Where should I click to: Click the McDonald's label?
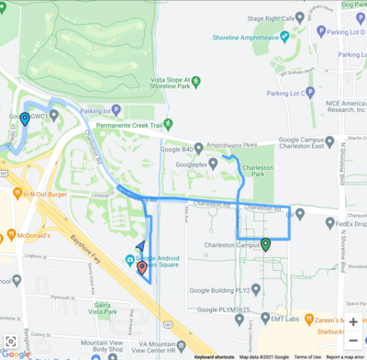[35, 236]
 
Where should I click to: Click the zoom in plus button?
[353, 321]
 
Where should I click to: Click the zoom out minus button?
[353, 342]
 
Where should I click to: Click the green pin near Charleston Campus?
[265, 243]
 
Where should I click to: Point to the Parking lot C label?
[286, 93]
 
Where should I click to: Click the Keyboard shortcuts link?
[214, 356]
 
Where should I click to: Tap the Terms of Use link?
[307, 356]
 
